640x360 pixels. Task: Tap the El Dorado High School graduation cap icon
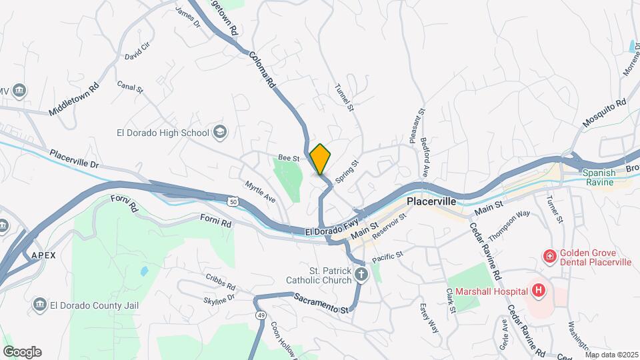click(219, 133)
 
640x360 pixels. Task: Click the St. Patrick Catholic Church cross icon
click(361, 274)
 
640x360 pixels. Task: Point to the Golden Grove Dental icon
click(549, 255)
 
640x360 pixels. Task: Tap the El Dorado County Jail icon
click(39, 305)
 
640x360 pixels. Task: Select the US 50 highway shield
click(233, 201)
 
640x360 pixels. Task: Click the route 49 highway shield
click(259, 313)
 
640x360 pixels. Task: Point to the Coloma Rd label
click(263, 69)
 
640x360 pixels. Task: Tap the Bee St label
click(287, 157)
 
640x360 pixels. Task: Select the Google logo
click(22, 352)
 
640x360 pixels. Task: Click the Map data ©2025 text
click(611, 354)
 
